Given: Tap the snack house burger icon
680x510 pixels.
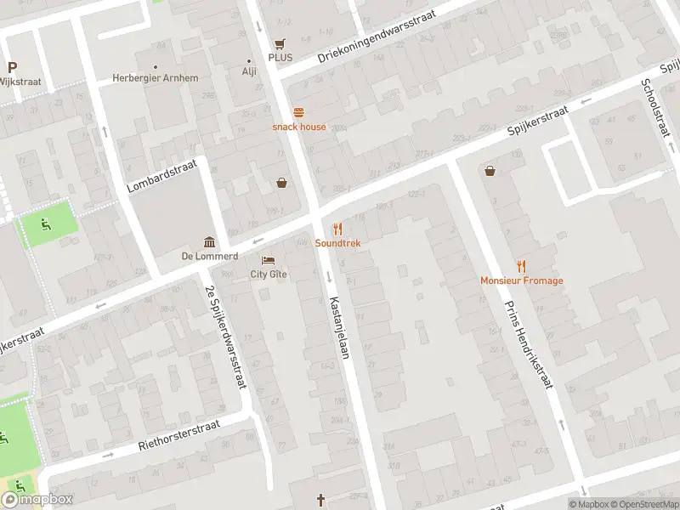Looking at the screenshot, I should tap(298, 113).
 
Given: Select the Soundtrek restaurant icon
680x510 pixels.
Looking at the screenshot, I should tap(337, 229).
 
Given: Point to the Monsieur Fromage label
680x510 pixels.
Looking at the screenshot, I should tap(521, 280).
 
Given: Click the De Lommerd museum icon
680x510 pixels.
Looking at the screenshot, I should tap(208, 243).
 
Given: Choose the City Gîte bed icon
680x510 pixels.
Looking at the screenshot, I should tap(268, 260).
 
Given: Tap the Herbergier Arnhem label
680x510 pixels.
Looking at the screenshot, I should tap(156, 78).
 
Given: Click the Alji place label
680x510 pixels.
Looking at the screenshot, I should tap(249, 71).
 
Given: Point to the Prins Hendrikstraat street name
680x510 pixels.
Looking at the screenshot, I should tap(529, 343).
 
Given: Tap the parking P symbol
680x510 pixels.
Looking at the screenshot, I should tap(12, 67).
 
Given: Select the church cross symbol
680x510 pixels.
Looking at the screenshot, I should tap(321, 500).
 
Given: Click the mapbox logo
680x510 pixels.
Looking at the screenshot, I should tap(37, 500).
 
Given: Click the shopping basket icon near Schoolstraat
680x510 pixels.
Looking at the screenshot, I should tap(490, 171).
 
